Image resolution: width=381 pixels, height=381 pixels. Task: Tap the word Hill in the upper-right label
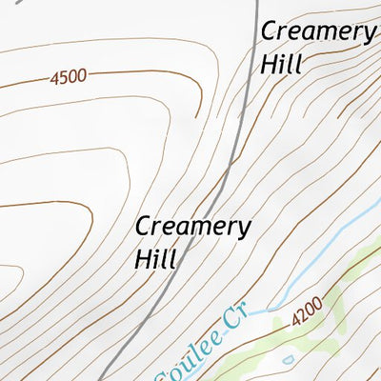(x=281, y=65)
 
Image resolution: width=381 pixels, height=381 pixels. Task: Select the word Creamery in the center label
(x=193, y=227)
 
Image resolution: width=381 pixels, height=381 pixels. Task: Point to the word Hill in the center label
(x=156, y=258)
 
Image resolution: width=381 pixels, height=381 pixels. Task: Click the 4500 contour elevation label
(x=68, y=76)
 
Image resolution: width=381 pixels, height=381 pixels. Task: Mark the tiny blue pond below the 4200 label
(x=289, y=359)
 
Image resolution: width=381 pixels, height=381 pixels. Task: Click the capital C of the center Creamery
(x=143, y=227)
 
